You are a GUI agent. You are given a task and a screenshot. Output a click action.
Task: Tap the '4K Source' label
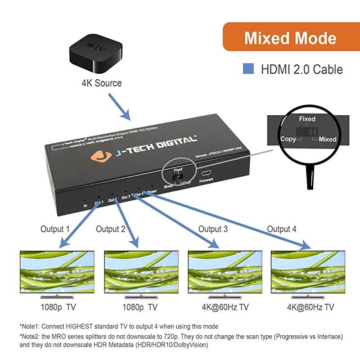pos(101,83)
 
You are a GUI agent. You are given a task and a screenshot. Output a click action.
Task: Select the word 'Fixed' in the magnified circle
pos(307,119)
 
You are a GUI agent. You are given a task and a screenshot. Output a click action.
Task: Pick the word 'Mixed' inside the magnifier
pos(327,139)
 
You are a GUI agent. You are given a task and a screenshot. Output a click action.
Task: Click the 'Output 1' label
pos(55,229)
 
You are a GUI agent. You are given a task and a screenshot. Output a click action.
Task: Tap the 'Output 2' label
pos(110,229)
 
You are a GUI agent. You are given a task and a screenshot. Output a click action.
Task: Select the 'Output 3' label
pos(213,229)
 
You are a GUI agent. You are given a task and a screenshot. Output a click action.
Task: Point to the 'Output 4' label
pos(282,229)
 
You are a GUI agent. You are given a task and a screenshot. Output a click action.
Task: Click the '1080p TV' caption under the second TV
pos(140,307)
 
